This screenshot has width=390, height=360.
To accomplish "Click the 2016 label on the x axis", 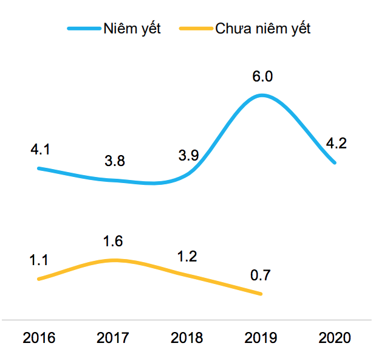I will pos(38,338).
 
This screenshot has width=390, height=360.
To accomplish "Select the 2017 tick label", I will pos(113,338).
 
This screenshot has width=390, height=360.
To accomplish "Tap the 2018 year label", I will pos(187,338).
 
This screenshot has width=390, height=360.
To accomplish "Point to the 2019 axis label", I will pos(261,338).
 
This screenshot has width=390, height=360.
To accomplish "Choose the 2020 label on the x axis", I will pos(335,338).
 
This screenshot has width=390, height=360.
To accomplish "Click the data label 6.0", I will pos(262,77).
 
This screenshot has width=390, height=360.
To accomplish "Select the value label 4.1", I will pos(40,149).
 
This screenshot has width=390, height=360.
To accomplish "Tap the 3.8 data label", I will pos(114,161).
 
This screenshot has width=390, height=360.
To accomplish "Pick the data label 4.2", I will pos(336,144).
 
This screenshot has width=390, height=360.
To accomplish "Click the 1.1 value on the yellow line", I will pos(40,260).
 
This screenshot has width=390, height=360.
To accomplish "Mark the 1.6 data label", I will pos(113,241).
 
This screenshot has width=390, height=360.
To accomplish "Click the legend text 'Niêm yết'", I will pos(132,29).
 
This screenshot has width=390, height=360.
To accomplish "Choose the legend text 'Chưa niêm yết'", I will pos(263,29).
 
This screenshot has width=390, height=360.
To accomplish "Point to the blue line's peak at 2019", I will pos(262,95).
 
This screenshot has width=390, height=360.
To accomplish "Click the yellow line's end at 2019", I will pos(261,294).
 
